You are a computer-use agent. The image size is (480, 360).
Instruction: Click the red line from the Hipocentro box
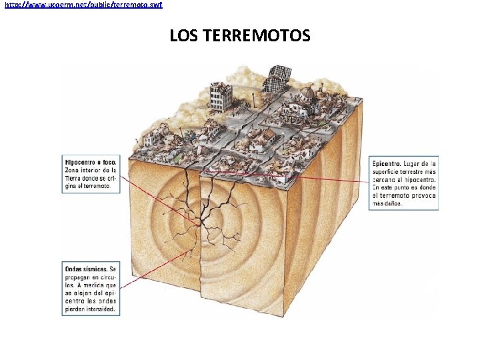[160, 200]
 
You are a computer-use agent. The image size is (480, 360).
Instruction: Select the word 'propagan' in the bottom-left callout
[81, 277]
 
